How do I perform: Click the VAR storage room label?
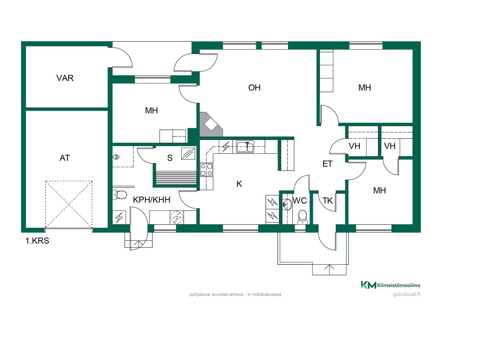click(65, 78)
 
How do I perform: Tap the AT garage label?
click(65, 158)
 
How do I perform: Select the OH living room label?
click(254, 87)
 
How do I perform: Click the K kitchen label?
click(239, 184)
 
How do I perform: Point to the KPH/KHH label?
click(151, 200)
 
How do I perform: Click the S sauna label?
click(170, 158)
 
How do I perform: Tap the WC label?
click(300, 200)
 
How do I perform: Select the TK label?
click(328, 200)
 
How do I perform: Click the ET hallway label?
click(328, 164)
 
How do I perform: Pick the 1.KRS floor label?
click(37, 241)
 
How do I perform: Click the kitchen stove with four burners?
click(206, 170)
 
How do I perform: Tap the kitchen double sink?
click(245, 146)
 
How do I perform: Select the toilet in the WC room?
click(302, 217)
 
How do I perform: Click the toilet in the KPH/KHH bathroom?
click(119, 195)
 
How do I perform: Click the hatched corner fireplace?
click(211, 124)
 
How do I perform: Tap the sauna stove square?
click(188, 154)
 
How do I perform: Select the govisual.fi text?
click(407, 294)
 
